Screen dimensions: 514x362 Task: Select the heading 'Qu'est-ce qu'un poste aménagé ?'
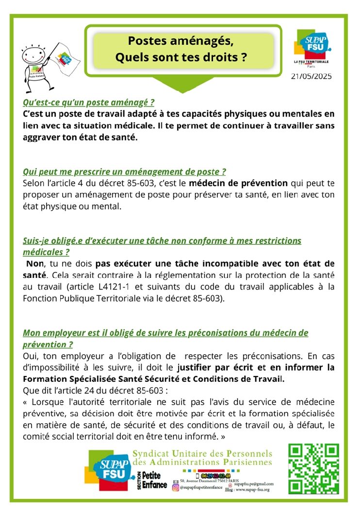point(89,103)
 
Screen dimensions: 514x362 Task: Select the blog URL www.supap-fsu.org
point(256,490)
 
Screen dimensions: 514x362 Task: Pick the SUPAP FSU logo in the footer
point(109,471)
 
